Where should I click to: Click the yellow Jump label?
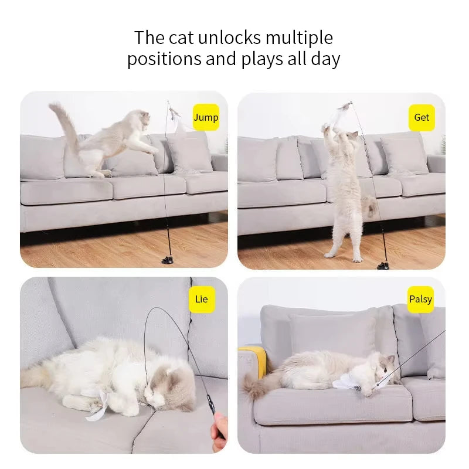[x=206, y=117]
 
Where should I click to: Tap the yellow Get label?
[x=422, y=117]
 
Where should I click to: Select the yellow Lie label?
[x=201, y=299]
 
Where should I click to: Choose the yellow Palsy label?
[x=420, y=299]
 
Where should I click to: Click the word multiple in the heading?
[x=299, y=38]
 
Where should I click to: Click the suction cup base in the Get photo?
[x=383, y=265]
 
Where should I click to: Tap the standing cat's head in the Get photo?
[x=351, y=137]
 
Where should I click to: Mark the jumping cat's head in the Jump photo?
[x=139, y=119]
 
